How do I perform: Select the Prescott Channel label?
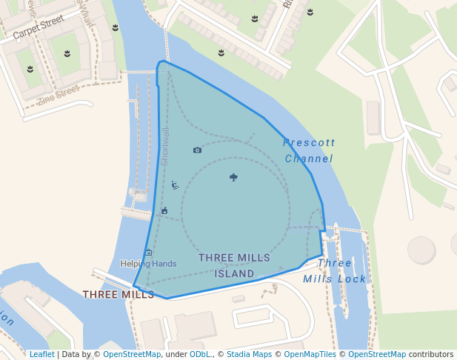(309, 150)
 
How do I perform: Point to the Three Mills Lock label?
(335, 271)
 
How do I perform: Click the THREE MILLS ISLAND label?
(235, 265)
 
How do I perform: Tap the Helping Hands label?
(149, 264)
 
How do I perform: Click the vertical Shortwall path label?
(165, 146)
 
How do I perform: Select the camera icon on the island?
(197, 150)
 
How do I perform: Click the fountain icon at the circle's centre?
(234, 176)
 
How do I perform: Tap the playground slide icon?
(175, 185)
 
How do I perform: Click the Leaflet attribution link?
(41, 355)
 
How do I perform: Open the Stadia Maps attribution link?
(249, 355)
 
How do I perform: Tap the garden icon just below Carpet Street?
(67, 53)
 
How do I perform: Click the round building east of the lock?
(421, 250)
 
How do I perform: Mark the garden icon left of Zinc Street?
(30, 69)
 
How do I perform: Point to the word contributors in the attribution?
(431, 355)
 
